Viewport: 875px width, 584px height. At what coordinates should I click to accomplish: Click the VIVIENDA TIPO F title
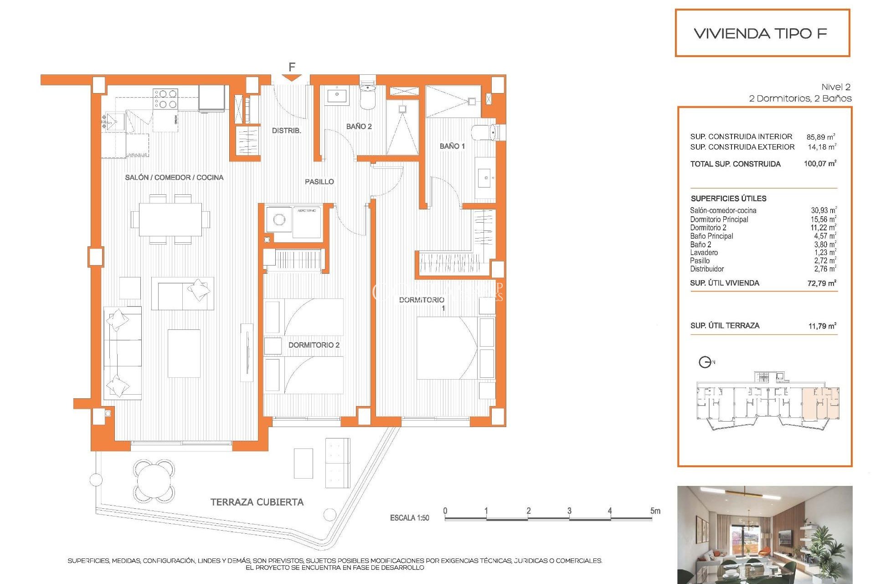click(x=760, y=33)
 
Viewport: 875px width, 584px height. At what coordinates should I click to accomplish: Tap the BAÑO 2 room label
click(x=359, y=126)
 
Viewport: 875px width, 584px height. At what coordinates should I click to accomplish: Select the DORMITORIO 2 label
click(x=314, y=345)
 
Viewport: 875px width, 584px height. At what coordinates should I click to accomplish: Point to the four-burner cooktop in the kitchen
click(x=165, y=99)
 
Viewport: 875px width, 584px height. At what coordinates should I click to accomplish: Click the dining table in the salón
click(x=170, y=219)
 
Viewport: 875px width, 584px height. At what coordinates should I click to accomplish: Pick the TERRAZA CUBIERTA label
click(x=257, y=502)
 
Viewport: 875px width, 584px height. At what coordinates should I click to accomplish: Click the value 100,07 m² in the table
click(x=820, y=164)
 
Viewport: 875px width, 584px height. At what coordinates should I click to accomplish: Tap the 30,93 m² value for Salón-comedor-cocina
click(x=823, y=210)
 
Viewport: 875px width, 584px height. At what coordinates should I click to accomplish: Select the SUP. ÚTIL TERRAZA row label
click(x=725, y=325)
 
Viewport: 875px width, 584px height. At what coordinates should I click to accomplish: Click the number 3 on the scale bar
click(x=569, y=511)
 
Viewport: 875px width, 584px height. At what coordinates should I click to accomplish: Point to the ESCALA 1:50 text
click(x=409, y=518)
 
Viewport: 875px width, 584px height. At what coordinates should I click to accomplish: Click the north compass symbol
click(x=705, y=362)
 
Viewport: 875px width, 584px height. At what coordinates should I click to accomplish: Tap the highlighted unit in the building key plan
click(x=820, y=404)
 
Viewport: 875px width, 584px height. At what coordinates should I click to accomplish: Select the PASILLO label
click(x=319, y=182)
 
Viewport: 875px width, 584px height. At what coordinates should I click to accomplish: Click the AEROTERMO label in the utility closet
click(x=306, y=211)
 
